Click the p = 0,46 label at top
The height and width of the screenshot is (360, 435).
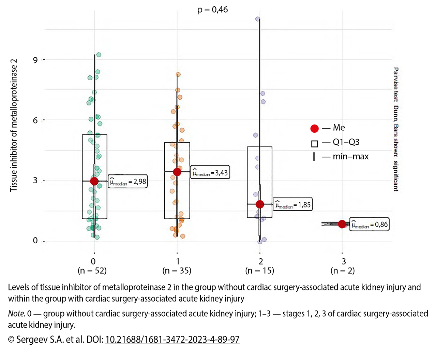click(212, 10)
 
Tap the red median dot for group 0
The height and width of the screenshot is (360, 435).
click(94, 181)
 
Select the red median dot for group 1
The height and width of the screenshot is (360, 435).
click(177, 172)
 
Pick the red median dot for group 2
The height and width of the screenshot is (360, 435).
click(260, 204)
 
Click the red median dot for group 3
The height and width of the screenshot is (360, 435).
click(342, 224)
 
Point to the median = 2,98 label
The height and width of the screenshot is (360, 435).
click(128, 182)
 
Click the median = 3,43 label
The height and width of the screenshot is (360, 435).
click(210, 173)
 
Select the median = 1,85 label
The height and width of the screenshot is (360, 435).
click(293, 205)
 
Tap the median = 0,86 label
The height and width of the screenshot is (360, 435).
click(370, 225)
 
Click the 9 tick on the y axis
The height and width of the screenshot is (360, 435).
click(35, 60)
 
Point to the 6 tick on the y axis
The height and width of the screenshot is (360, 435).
click(35, 120)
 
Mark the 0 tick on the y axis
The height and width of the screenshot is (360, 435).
click(35, 241)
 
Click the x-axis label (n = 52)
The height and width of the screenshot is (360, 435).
click(92, 271)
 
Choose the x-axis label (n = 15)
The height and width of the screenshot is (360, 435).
click(260, 271)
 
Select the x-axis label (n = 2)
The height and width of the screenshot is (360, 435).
click(343, 271)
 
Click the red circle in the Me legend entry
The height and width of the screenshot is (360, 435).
click(314, 128)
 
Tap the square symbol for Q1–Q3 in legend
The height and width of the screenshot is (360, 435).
click(314, 144)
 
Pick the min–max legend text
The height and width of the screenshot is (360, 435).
click(350, 157)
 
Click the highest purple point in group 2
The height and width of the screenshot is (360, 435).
click(258, 19)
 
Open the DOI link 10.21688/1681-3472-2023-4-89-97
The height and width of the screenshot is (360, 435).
click(172, 340)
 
